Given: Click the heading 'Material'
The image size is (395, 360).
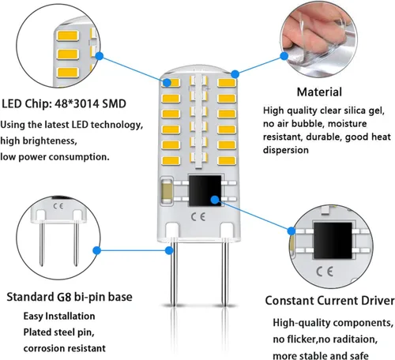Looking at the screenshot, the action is pos(319,92).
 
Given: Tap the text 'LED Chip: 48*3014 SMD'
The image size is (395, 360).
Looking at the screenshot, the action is pos(64,103).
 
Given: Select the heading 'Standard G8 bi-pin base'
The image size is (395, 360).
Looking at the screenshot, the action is pos(70,297).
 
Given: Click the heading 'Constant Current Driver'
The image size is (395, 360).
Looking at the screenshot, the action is pos(330,301).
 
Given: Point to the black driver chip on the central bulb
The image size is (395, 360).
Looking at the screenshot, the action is pos(205,190).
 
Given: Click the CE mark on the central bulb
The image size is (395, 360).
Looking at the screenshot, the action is pos(198,217).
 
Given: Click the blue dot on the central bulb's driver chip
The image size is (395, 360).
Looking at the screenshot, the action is pos(215,200).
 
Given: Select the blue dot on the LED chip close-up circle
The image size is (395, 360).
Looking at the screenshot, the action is pos(100,56).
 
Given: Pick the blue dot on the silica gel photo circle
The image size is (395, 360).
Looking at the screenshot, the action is pos(284,56).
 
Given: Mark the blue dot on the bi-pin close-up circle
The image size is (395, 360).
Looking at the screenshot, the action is pos(97,250).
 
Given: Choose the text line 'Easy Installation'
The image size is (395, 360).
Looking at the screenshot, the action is pos(59,316).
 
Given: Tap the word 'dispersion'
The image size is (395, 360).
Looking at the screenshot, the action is pos(286,150).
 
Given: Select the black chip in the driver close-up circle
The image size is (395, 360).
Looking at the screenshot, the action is pos(333,241).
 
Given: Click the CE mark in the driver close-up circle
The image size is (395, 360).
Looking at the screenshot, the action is pos(325,272).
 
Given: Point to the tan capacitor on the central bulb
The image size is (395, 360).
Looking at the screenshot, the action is pos(167,191).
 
